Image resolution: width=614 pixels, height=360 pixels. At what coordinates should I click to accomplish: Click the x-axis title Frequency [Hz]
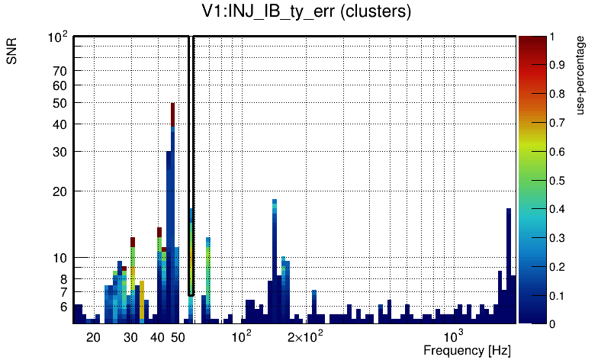tap(467, 350)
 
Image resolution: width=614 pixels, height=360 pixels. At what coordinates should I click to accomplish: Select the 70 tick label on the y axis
tap(60, 71)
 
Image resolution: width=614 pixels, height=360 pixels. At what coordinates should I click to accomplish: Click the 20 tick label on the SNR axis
tap(60, 191)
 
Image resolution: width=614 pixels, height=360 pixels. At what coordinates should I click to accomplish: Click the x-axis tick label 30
tap(131, 337)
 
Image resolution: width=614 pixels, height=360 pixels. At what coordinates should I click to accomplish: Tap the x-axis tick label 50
tap(178, 337)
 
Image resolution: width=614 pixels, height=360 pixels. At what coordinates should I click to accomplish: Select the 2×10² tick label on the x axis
tap(304, 336)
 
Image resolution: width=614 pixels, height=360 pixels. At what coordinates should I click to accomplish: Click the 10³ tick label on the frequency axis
tap(454, 336)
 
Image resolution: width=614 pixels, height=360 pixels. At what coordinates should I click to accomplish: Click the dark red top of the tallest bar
tap(173, 114)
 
